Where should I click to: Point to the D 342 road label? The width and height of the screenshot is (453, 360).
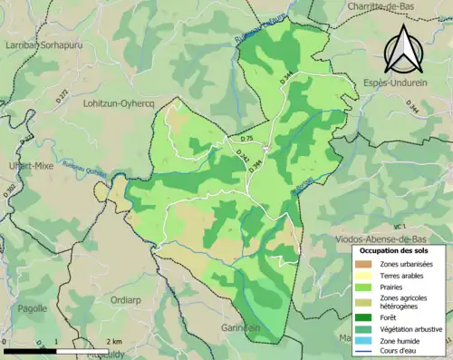[x=243, y=156]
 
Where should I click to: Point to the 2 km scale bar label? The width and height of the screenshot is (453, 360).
[x=115, y=341]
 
